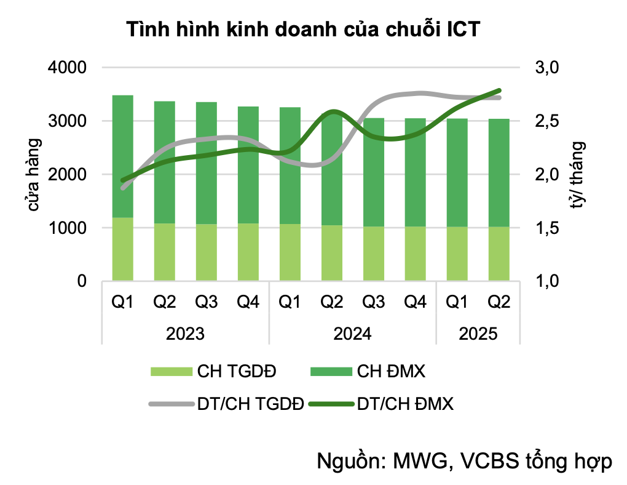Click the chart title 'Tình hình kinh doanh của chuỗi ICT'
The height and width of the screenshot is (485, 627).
pyautogui.click(x=303, y=30)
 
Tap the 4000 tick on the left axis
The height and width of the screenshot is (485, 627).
pyautogui.click(x=67, y=67)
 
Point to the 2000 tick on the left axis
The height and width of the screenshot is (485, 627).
pyautogui.click(x=67, y=174)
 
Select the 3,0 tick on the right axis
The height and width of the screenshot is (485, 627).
pyautogui.click(x=547, y=67)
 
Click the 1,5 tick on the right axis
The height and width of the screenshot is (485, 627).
pyautogui.click(x=547, y=228)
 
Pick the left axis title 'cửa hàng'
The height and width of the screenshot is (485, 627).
pyautogui.click(x=34, y=175)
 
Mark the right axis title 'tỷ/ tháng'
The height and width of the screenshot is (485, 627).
pyautogui.click(x=578, y=175)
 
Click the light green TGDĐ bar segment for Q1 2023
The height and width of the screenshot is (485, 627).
pyautogui.click(x=123, y=249)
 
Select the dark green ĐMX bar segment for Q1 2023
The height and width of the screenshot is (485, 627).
pyautogui.click(x=123, y=156)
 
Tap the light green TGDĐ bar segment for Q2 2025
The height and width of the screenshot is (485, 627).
pyautogui.click(x=499, y=254)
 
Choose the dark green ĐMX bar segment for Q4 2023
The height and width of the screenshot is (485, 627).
pyautogui.click(x=248, y=165)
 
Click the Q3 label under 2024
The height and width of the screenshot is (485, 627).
pyautogui.click(x=374, y=302)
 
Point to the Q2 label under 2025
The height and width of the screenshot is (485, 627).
pyautogui.click(x=499, y=302)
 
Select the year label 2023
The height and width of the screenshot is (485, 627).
pyautogui.click(x=185, y=334)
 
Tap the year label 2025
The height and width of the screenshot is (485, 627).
pyautogui.click(x=478, y=334)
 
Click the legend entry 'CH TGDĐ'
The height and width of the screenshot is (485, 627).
pyautogui.click(x=213, y=371)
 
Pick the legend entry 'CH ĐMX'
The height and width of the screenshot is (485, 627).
pyautogui.click(x=368, y=371)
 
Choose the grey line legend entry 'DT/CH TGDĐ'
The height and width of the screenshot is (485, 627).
pyautogui.click(x=226, y=404)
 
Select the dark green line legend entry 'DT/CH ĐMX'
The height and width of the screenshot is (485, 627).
pyautogui.click(x=381, y=404)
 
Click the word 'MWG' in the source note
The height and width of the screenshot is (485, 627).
pyautogui.click(x=420, y=461)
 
